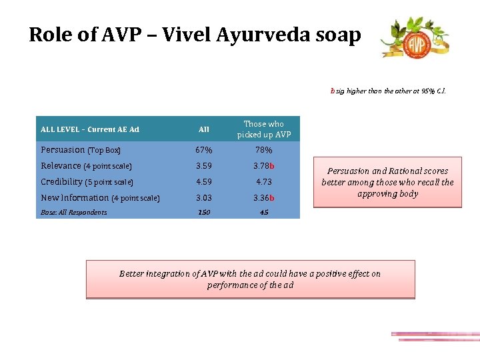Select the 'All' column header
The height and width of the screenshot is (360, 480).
pyautogui.click(x=204, y=129)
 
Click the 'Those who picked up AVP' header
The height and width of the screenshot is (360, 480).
pyautogui.click(x=264, y=129)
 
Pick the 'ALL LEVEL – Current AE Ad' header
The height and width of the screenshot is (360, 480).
pyautogui.click(x=90, y=129)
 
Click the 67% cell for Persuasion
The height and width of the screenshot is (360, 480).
pyautogui.click(x=204, y=150)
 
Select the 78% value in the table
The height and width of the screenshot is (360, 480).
pyautogui.click(x=263, y=150)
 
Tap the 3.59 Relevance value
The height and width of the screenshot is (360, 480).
pyautogui.click(x=204, y=166)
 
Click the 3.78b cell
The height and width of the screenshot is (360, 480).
pyautogui.click(x=264, y=166)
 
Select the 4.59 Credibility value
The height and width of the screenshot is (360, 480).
pyautogui.click(x=204, y=182)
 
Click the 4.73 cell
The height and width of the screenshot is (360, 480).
pyautogui.click(x=263, y=182)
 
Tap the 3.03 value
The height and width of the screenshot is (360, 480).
pyautogui.click(x=204, y=198)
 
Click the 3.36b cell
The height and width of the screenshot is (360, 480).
pyautogui.click(x=264, y=198)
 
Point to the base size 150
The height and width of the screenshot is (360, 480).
pyautogui.click(x=203, y=213)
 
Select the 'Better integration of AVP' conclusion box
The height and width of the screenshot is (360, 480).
pyautogui.click(x=250, y=279)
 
